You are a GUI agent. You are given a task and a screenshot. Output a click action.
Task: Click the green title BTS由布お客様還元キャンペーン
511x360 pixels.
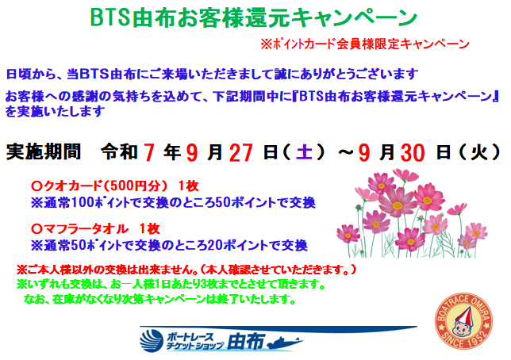(x=254, y=17)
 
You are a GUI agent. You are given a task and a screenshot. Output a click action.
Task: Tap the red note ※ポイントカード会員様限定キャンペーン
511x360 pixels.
(x=365, y=44)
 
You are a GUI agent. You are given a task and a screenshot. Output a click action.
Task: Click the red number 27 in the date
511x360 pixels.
(x=241, y=152)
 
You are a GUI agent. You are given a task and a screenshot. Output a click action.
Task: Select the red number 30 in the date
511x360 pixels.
(x=413, y=152)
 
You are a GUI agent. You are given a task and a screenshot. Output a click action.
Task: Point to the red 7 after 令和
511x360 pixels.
(x=148, y=152)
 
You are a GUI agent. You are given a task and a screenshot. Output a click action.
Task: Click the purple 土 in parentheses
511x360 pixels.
(x=305, y=151)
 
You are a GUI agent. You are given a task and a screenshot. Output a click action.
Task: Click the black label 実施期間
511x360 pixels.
(x=44, y=151)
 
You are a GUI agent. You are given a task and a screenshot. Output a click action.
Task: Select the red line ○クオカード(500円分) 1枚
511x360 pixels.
(x=115, y=186)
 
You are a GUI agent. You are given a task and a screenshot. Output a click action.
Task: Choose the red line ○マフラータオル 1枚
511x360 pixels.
(x=95, y=228)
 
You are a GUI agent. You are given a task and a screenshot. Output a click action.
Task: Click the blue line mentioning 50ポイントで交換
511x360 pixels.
(x=173, y=203)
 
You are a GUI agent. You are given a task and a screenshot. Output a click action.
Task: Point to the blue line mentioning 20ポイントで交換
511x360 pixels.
(x=169, y=245)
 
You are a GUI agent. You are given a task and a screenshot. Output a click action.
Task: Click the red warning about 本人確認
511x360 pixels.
(x=186, y=270)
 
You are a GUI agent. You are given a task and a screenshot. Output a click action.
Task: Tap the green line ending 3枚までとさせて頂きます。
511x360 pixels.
(x=171, y=285)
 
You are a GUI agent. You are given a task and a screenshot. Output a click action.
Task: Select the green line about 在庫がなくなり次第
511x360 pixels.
(x=159, y=299)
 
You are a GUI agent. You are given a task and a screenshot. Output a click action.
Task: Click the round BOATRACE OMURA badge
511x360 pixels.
(x=463, y=321)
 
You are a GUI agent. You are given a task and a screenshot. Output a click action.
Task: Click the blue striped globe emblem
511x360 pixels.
(x=152, y=341)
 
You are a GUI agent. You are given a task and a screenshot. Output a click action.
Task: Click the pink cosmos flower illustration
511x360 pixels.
(x=412, y=213)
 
